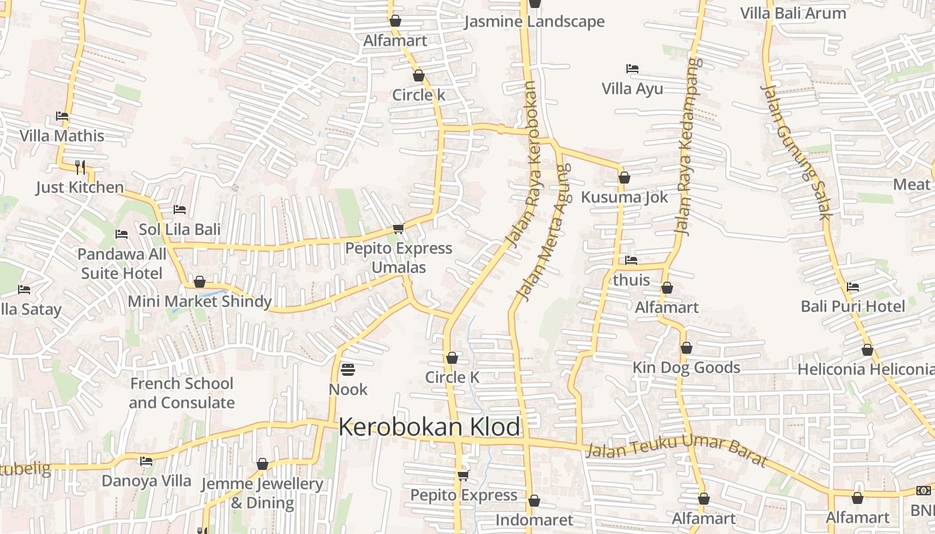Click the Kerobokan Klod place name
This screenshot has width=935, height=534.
pos(429,427)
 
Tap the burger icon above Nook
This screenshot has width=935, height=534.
pos(347,368)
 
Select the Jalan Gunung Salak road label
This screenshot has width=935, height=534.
pos(795,152)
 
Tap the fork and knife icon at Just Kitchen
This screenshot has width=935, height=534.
pos(80,166)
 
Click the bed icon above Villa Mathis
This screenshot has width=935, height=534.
pos(62,115)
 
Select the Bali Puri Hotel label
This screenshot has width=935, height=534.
pos(853,306)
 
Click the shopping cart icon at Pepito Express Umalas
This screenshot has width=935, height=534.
pos(398,229)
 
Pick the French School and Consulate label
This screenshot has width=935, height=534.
pos(182,393)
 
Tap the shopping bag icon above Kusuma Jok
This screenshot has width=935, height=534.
pos(624,178)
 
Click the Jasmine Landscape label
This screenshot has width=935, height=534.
pos(534,21)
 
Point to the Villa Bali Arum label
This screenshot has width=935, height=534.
pos(793,13)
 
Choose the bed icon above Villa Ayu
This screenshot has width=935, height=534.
pos(632,69)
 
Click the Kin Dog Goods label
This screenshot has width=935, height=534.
pos(686,367)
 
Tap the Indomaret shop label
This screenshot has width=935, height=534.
pos(534,520)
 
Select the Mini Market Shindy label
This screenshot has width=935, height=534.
pos(199,301)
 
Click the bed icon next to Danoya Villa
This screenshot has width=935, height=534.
pos(146,461)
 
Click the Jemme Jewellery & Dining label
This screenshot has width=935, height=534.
pos(262,493)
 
